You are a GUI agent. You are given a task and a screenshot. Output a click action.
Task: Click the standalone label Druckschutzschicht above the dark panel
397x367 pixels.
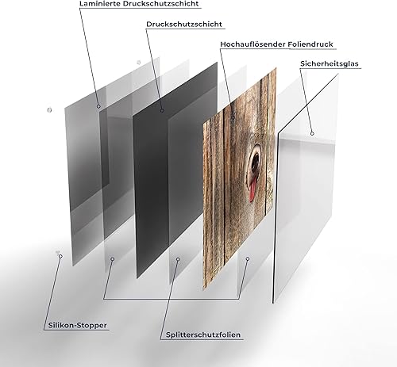point(184,25)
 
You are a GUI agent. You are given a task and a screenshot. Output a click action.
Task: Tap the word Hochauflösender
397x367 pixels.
point(253,44)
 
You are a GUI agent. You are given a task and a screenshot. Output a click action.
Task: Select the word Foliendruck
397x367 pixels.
point(310,44)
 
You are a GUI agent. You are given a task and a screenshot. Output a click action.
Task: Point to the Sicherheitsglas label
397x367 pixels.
point(330,63)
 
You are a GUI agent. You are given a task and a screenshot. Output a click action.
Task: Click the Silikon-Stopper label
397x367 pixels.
point(77,325)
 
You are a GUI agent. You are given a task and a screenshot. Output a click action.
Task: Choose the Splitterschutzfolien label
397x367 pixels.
point(203,335)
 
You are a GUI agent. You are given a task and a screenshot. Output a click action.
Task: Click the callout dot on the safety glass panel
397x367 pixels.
point(312,134)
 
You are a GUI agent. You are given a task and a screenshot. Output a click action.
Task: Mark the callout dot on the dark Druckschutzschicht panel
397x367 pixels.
point(162,111)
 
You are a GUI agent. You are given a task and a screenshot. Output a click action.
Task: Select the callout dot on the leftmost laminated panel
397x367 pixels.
point(98,106)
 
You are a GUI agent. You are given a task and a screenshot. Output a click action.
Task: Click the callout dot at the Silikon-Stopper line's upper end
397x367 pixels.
point(60,256)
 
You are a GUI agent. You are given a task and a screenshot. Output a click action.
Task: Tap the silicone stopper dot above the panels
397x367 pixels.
point(138,63)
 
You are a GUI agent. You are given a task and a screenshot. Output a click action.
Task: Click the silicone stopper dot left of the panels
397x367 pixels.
point(49,110)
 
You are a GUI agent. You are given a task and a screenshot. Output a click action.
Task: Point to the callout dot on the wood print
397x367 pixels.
point(233,117)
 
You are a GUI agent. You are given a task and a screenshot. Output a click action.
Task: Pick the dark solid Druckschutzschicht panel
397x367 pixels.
point(175,169)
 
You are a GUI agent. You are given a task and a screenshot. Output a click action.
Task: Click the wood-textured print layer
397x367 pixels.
point(240,180)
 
